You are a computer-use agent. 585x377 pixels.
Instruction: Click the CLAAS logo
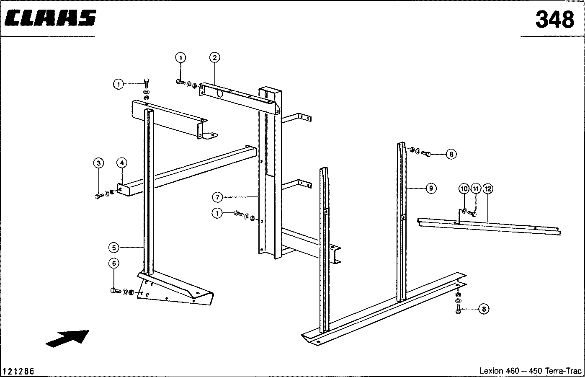[51, 19]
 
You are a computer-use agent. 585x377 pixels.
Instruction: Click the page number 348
[554, 20]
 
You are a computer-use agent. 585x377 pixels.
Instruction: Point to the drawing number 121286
[18, 372]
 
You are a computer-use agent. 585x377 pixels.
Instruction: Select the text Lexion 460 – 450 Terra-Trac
[530, 371]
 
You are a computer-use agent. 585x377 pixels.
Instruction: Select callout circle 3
[98, 163]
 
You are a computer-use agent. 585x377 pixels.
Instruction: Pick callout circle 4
[121, 163]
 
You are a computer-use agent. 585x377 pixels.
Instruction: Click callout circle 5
[114, 248]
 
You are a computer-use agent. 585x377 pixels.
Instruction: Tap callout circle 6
[114, 263]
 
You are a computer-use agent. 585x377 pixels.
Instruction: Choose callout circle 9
[430, 188]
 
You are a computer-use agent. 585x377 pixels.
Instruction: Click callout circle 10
[464, 189]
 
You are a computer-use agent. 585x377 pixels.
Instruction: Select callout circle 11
[475, 189]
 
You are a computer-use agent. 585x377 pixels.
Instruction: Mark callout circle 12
[487, 189]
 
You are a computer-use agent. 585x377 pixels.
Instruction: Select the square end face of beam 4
[122, 189]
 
